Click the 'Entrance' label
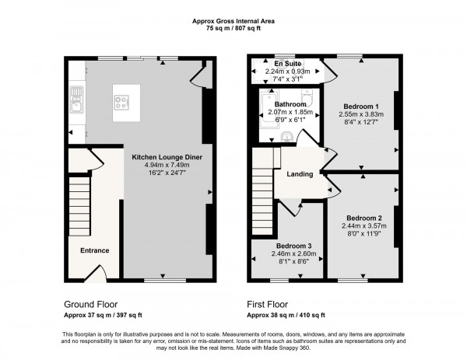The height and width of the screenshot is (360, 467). pyautogui.click(x=94, y=250)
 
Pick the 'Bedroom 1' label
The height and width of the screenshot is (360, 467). pyautogui.click(x=363, y=105)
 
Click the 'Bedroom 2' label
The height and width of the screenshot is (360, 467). pyautogui.click(x=364, y=218)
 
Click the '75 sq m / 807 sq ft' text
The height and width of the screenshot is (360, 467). pyautogui.click(x=233, y=27)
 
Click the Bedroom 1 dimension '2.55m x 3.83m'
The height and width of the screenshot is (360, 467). pyautogui.click(x=363, y=114)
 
